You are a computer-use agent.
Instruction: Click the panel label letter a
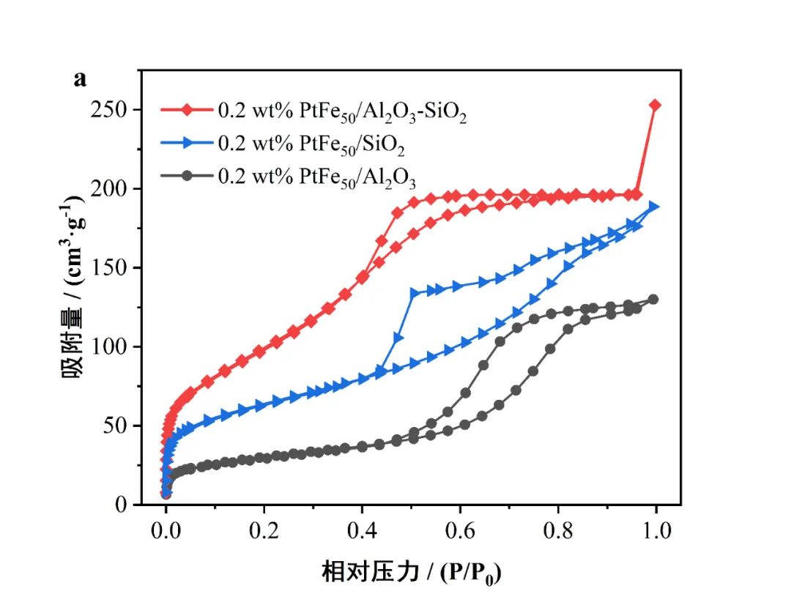point(80,79)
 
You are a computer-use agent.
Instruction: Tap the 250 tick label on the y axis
point(110,110)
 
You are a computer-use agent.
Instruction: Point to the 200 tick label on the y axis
point(110,189)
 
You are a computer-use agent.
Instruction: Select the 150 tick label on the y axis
point(110,268)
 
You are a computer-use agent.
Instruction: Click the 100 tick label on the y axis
point(110,347)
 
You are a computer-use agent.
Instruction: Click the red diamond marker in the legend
point(187,111)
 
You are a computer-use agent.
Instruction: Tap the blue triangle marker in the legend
point(187,144)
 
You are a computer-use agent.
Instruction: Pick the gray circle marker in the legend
point(187,177)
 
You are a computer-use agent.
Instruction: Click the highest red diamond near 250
point(655,105)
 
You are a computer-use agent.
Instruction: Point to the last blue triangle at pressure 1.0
point(654,207)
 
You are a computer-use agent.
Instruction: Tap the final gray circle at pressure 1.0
point(653,299)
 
